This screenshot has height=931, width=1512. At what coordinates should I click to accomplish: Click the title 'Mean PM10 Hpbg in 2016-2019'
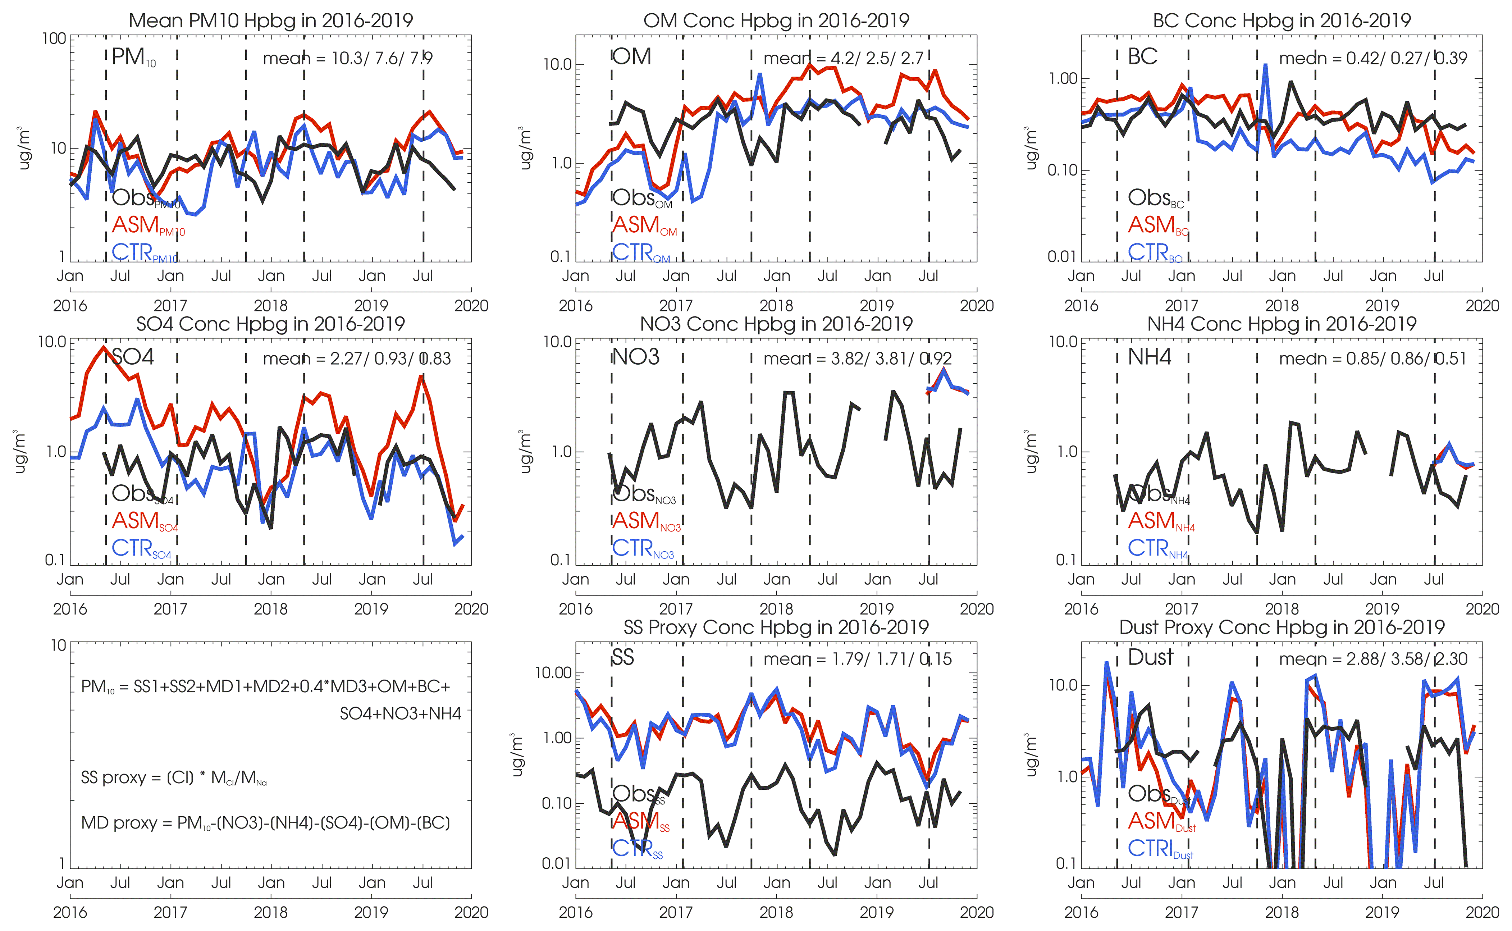tap(270, 20)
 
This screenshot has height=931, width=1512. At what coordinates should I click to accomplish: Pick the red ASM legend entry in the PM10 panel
tap(148, 225)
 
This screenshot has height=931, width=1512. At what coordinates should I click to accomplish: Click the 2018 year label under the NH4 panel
tap(1282, 609)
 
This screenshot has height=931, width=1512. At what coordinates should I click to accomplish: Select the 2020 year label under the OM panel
tap(976, 306)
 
